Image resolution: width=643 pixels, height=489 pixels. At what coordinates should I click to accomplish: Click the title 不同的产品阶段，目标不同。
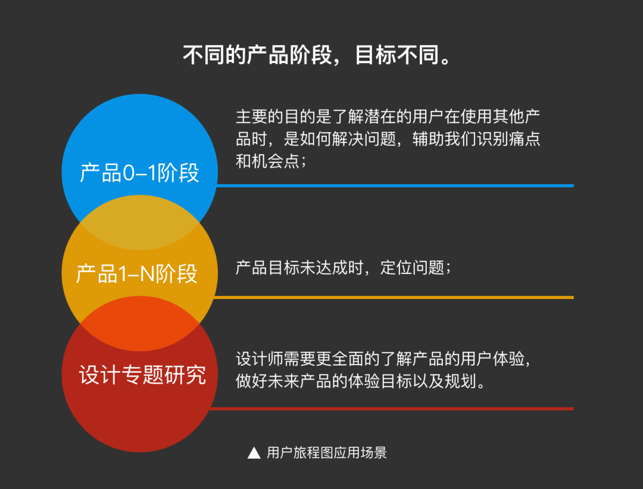(317, 55)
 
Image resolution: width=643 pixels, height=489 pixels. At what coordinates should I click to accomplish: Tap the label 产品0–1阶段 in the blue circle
(139, 173)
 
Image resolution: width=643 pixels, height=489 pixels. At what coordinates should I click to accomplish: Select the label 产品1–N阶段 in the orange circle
(137, 273)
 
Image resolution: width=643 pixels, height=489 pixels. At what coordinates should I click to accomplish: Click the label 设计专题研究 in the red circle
(142, 375)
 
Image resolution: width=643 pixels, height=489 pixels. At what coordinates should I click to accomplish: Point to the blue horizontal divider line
(395, 186)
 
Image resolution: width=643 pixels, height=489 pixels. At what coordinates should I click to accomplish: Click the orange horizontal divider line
(394, 297)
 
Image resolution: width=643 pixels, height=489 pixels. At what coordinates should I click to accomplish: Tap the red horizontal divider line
(392, 409)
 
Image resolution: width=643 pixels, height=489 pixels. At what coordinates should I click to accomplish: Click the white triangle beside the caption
(254, 453)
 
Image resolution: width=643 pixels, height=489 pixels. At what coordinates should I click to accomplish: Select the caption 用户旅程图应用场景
(327, 453)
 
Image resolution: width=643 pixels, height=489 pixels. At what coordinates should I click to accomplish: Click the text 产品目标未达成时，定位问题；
(344, 268)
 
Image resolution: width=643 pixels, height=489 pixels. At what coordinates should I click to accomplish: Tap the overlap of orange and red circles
(139, 323)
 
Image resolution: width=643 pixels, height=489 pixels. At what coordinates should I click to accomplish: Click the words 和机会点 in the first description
(268, 161)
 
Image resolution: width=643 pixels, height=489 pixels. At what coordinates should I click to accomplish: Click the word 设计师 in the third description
(260, 359)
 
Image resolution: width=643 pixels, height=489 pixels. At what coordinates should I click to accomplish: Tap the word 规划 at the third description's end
(461, 382)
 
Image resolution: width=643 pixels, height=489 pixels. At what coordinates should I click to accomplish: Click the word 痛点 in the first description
(525, 139)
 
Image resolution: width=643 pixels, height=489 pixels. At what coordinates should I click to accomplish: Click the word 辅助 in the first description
(428, 139)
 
